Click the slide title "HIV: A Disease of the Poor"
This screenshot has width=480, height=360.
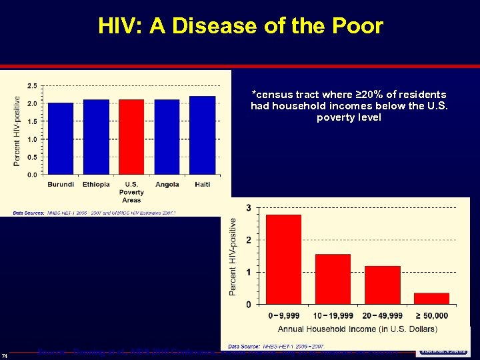(240, 26)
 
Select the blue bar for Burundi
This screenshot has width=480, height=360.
(61, 138)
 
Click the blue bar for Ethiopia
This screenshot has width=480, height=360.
(96, 137)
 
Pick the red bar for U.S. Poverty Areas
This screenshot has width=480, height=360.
(131, 137)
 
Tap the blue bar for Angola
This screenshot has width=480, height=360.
(167, 137)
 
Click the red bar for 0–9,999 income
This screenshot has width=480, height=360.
(283, 259)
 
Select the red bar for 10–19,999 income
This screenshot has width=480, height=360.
(333, 279)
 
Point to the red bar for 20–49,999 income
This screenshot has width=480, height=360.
(382, 285)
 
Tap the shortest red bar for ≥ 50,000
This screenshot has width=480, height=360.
(431, 298)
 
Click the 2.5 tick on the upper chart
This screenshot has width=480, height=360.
(32, 86)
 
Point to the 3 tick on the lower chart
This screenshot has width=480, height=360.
(249, 208)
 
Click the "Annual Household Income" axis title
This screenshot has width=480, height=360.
(357, 329)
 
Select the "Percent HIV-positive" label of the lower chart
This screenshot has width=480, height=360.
(233, 256)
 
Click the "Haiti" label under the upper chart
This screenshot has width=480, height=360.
(202, 184)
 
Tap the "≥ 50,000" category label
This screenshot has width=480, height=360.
(431, 315)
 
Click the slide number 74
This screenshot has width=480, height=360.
(5, 354)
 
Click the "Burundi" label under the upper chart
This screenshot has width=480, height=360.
(61, 184)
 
